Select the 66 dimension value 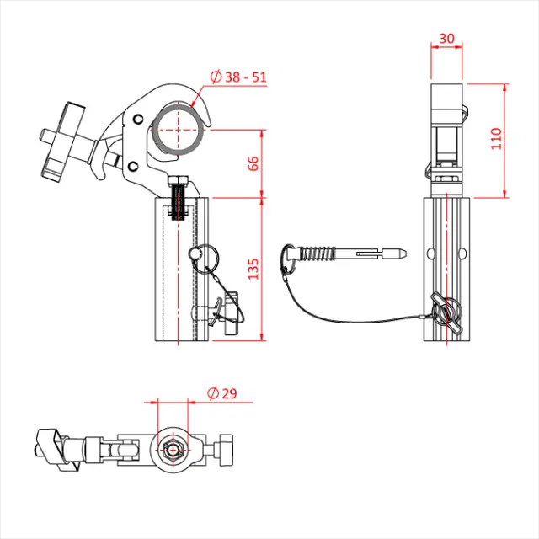(253, 163)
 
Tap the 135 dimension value (253, 269)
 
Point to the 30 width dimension (446, 39)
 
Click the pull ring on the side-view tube (205, 253)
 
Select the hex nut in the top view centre (173, 451)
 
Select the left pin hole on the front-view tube (430, 253)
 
